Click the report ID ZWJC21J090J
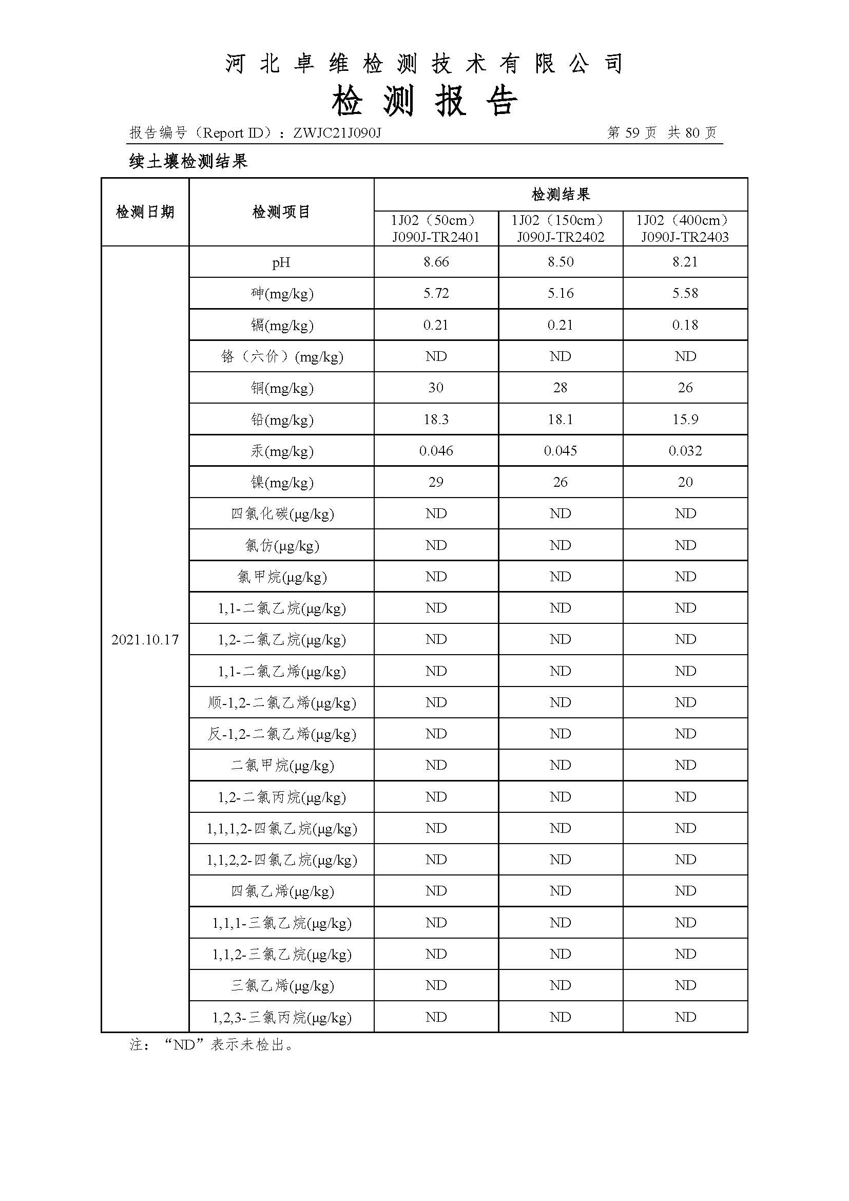click(337, 133)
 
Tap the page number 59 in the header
click(632, 133)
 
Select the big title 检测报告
click(424, 101)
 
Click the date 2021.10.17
click(145, 640)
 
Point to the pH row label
click(281, 262)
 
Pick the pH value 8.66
click(436, 262)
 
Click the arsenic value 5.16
click(561, 294)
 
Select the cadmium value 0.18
click(685, 325)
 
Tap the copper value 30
click(436, 388)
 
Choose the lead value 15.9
click(685, 420)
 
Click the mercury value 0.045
click(561, 451)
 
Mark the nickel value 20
click(685, 482)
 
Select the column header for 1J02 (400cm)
click(685, 220)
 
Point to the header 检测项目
click(281, 212)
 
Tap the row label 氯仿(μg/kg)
click(281, 546)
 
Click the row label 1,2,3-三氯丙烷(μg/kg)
click(281, 1017)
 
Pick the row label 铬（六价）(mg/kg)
click(281, 357)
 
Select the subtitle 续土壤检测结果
click(188, 162)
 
